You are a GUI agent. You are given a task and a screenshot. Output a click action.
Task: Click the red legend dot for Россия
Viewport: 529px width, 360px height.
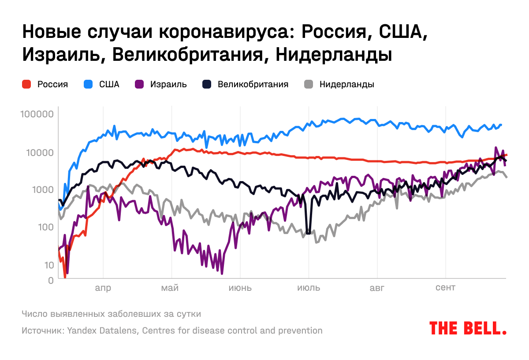click(x=26, y=84)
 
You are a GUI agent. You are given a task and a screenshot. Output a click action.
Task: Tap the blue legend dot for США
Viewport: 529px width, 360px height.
click(x=88, y=84)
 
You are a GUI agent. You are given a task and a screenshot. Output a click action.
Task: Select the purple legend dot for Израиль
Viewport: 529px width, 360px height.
click(x=139, y=84)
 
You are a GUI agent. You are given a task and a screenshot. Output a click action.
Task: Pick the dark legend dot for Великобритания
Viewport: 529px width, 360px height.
click(x=207, y=84)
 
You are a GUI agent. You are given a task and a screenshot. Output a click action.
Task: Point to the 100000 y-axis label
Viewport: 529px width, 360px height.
click(x=37, y=114)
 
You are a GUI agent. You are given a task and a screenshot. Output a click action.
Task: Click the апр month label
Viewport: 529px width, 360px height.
click(x=103, y=289)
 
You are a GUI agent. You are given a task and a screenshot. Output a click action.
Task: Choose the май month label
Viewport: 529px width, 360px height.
click(x=170, y=289)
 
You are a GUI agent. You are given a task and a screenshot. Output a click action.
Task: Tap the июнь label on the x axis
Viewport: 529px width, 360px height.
click(x=240, y=289)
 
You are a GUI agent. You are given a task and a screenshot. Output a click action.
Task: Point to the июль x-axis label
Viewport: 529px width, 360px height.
click(x=309, y=289)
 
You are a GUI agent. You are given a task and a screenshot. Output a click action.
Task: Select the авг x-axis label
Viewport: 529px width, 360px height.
click(x=377, y=289)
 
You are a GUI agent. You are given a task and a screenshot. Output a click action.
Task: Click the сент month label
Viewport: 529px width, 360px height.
click(x=445, y=289)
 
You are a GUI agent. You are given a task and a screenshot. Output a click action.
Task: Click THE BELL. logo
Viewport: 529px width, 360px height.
click(x=468, y=328)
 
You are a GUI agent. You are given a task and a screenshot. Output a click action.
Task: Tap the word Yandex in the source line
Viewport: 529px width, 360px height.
click(x=81, y=330)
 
